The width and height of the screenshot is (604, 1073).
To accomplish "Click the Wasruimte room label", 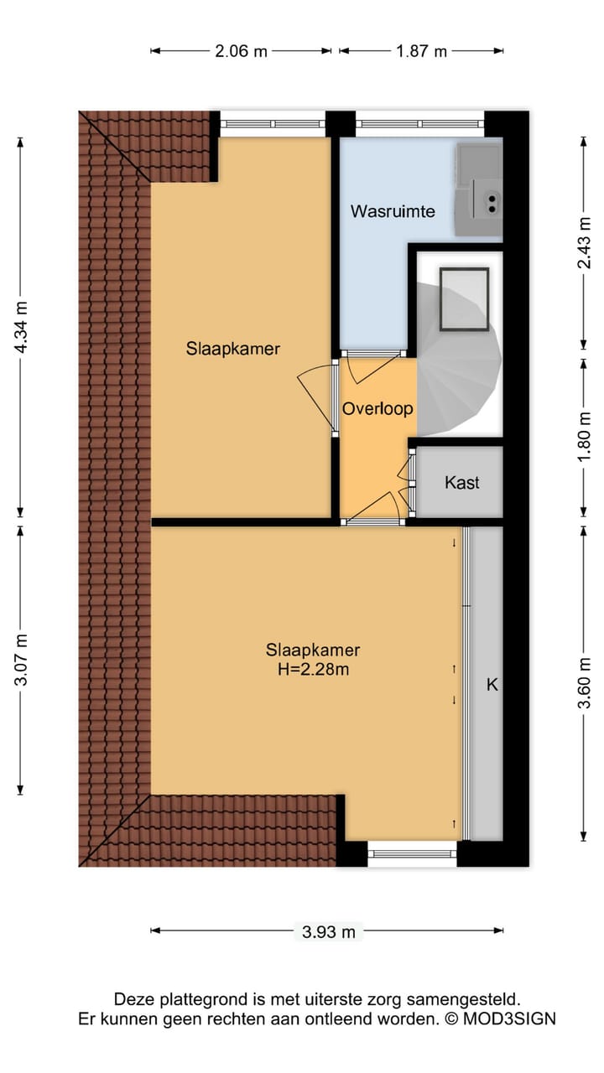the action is click(x=393, y=211).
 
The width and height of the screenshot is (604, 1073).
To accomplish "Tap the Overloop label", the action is click(x=377, y=408).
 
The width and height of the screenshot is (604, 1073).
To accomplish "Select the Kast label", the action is click(x=461, y=482).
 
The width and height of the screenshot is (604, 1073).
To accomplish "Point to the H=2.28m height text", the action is click(x=313, y=669).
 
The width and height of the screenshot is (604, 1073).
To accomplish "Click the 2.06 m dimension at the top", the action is click(x=241, y=51).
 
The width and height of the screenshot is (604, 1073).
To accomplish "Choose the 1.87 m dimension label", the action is click(x=421, y=51).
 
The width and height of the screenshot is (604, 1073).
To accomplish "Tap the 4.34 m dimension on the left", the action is click(x=21, y=327).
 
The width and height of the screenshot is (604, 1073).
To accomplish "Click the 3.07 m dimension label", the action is click(x=21, y=660).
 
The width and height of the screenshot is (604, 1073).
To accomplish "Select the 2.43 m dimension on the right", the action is click(x=584, y=243).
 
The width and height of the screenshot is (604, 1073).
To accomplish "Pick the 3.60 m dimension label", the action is click(x=584, y=682).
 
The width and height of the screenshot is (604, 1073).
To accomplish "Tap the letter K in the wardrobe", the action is click(x=492, y=685).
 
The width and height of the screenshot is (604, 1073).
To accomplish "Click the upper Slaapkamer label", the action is click(x=233, y=349).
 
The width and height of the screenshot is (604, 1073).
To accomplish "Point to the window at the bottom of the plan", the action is click(x=412, y=853).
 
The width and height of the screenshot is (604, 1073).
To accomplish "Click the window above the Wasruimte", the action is click(x=420, y=123).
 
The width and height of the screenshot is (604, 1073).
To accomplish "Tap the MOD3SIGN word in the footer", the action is click(x=509, y=1019).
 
